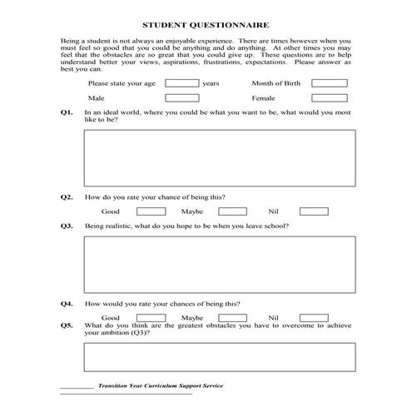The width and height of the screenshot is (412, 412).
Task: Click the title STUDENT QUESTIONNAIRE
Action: click(205, 26)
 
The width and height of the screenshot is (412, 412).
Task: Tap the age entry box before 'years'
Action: click(182, 83)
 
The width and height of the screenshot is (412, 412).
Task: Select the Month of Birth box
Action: click(330, 83)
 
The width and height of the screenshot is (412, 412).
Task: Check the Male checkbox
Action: click(182, 98)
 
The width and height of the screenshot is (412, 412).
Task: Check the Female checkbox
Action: click(330, 98)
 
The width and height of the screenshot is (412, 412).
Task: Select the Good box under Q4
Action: click(150, 317)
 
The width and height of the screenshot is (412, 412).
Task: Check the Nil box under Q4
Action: click(314, 317)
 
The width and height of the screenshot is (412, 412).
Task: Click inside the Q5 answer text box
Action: click(219, 357)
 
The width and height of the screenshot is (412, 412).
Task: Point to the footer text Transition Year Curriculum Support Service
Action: click(160, 386)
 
